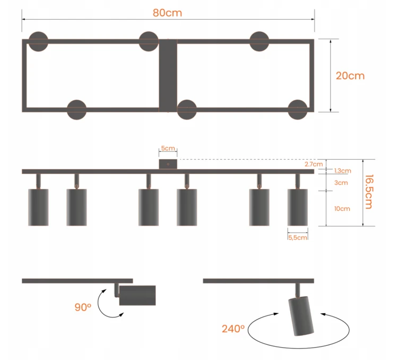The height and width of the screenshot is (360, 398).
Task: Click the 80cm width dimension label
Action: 167,13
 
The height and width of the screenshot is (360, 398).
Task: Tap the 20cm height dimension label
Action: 350,76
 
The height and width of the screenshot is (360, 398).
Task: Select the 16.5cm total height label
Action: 369,192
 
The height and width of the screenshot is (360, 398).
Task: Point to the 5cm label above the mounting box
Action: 168,148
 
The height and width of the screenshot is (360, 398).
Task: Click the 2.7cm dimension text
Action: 314,164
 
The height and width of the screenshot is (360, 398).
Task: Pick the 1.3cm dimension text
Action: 342,171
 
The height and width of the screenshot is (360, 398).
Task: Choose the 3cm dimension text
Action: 341,183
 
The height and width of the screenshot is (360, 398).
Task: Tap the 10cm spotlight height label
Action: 342,209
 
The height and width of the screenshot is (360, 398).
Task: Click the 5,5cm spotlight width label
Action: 298,238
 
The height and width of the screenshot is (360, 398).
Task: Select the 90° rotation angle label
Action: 83,307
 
